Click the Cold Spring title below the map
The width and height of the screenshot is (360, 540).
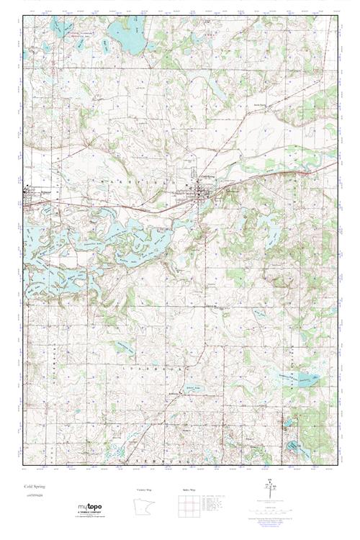34,487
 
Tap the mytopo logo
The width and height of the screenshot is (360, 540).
94,509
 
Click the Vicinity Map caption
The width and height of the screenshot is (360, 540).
145,490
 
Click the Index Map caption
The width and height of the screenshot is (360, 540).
189,490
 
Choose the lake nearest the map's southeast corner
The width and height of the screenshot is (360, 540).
294,446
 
